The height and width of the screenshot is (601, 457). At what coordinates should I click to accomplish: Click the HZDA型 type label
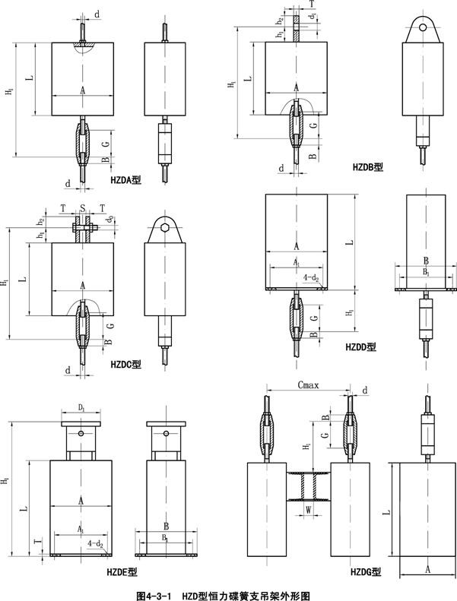[x=125, y=180]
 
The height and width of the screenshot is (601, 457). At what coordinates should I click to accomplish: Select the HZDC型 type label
[x=126, y=365]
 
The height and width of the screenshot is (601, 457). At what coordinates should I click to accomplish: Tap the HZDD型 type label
[x=361, y=346]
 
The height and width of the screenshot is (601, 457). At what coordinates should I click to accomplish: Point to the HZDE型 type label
[x=122, y=571]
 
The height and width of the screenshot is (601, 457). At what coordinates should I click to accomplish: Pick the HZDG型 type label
[x=366, y=571]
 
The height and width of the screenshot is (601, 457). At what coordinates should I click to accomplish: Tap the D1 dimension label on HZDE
[x=81, y=409]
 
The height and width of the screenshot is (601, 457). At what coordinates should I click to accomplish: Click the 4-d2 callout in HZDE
[x=95, y=543]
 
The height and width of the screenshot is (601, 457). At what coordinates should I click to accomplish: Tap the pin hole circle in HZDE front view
[x=81, y=434]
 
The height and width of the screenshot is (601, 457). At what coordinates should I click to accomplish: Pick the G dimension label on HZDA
[x=106, y=143]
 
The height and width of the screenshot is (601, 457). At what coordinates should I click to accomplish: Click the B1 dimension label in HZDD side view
[x=426, y=270]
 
